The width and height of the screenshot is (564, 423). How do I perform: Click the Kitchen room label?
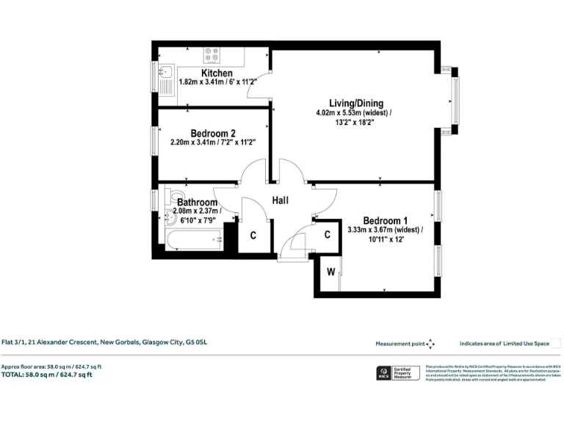click(217, 73)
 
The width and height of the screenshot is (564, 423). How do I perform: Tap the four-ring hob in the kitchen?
click(211, 55)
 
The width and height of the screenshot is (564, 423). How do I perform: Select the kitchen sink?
click(165, 72)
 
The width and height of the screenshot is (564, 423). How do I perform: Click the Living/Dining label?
click(355, 103)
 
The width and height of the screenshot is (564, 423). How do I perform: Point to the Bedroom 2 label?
click(212, 133)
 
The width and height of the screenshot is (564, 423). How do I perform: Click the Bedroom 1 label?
click(385, 220)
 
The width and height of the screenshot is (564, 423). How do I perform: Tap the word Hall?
click(281, 200)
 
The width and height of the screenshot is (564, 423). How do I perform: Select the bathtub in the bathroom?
click(194, 239)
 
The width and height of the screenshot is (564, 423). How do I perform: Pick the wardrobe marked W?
click(330, 272)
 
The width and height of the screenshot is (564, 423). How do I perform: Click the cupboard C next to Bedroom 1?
click(328, 235)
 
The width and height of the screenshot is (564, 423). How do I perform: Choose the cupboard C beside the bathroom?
click(253, 236)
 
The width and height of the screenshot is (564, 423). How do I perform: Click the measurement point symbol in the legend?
click(430, 343)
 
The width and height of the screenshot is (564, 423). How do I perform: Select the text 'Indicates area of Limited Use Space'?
click(504, 343)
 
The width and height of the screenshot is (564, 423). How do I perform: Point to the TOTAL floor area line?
click(47, 375)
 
